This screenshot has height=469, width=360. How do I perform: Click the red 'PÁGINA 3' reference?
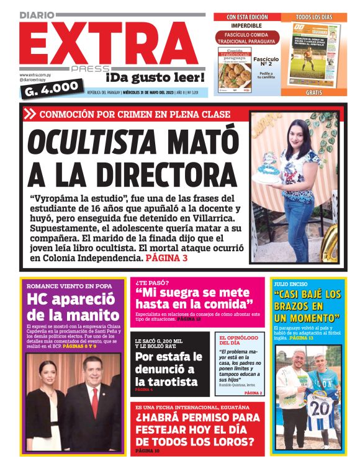pyautogui.click(x=166, y=257)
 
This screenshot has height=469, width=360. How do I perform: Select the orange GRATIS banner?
pyautogui.click(x=314, y=92)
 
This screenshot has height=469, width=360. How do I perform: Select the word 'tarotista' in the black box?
pyautogui.click(x=166, y=382)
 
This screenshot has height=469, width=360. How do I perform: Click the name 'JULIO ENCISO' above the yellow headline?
pyautogui.click(x=290, y=285)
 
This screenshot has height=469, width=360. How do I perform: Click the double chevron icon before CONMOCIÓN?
pyautogui.click(x=30, y=114)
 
